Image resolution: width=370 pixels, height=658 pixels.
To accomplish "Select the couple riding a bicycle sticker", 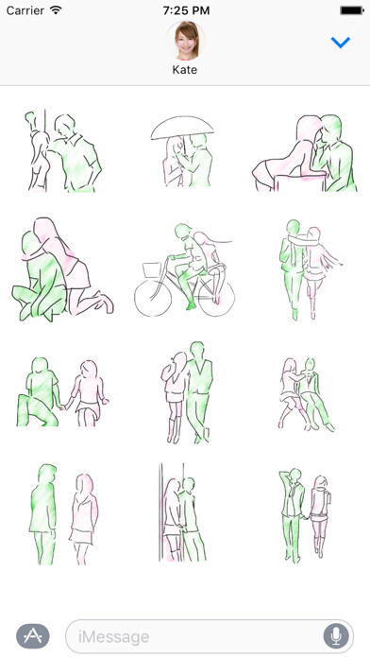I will click(x=185, y=268).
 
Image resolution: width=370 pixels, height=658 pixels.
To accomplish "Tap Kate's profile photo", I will click(x=185, y=40).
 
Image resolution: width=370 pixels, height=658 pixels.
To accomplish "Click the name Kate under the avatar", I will click(x=185, y=70).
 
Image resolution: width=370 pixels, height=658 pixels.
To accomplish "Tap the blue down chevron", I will click(x=341, y=43).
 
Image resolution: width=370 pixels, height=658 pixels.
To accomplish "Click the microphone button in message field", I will click(x=334, y=636).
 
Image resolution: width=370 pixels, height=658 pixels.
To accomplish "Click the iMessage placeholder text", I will click(x=113, y=637).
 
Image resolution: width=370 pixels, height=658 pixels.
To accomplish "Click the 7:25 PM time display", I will click(x=185, y=9).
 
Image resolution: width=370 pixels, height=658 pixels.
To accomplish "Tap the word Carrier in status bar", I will click(x=25, y=9).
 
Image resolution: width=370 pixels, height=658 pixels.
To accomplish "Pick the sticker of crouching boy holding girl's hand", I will click(x=59, y=390).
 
